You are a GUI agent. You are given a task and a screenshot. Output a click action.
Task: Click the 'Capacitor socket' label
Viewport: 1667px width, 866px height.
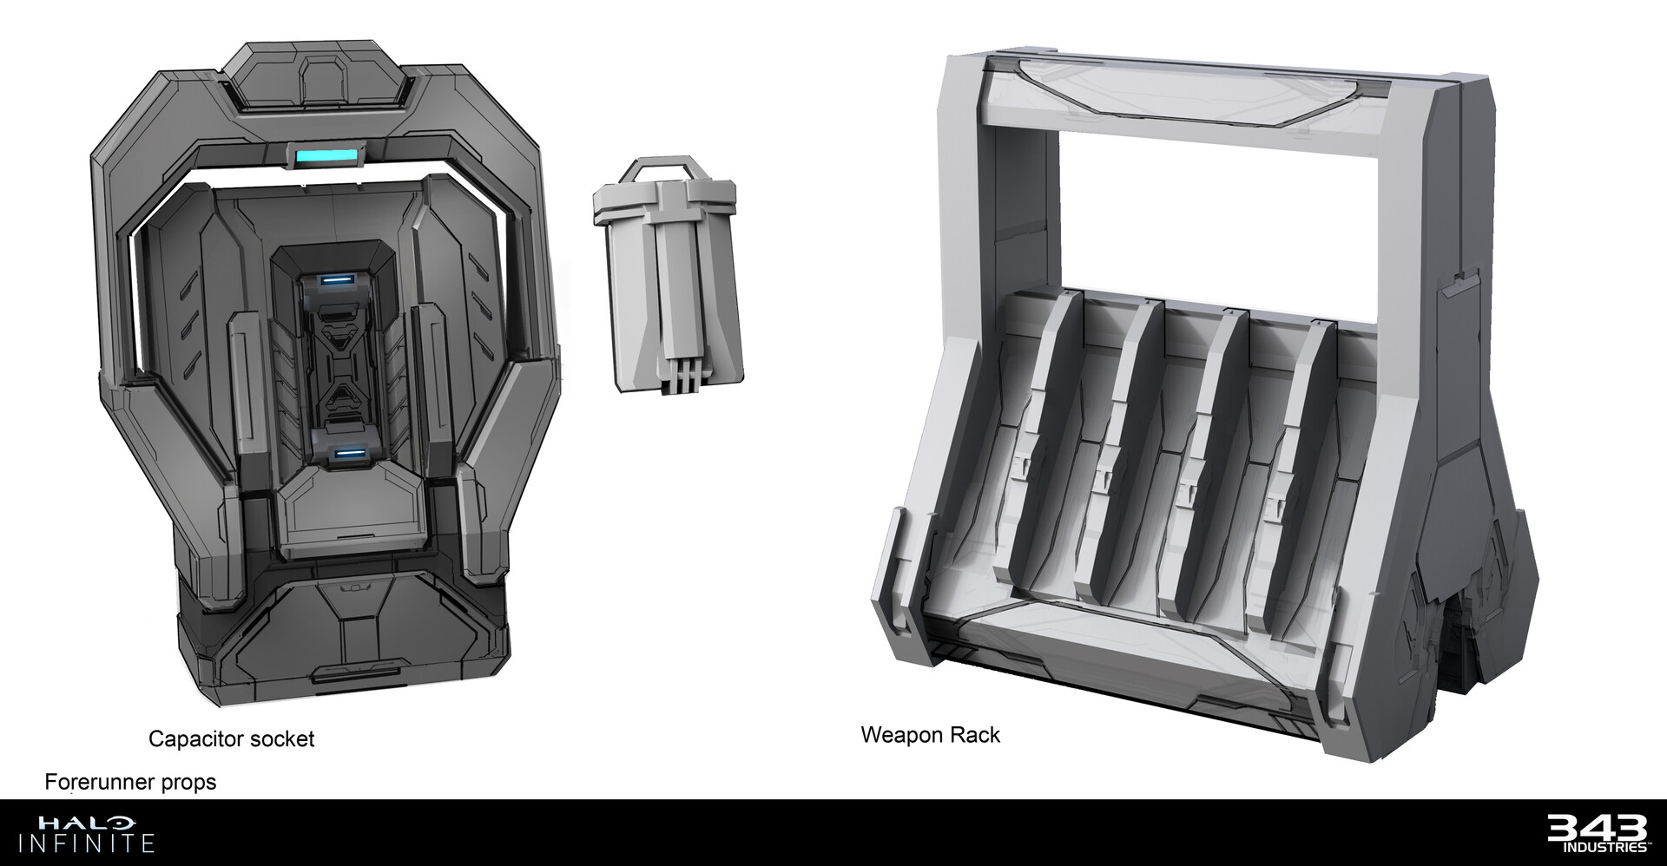pyautogui.click(x=231, y=739)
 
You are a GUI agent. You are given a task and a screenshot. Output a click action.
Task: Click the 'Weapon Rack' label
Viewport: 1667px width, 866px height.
pyautogui.click(x=930, y=735)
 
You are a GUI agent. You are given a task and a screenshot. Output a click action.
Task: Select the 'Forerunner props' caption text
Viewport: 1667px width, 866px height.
pyautogui.click(x=130, y=782)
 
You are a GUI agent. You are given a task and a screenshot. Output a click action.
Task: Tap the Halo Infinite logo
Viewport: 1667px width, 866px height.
pyautogui.click(x=96, y=833)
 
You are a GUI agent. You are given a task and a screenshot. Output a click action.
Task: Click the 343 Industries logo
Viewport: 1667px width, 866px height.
pyautogui.click(x=1598, y=833)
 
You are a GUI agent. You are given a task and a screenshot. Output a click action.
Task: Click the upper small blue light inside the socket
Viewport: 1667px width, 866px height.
pyautogui.click(x=338, y=280)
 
